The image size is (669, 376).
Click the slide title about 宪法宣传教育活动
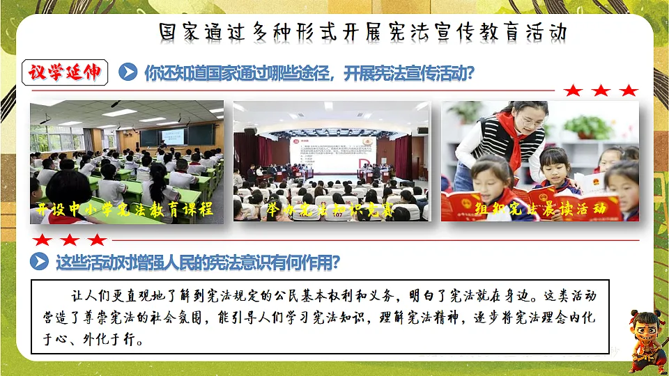click(x=362, y=33)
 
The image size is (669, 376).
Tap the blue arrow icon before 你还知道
click(x=128, y=72)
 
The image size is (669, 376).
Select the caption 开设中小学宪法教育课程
click(x=125, y=209)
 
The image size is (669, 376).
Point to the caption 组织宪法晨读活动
click(x=537, y=207)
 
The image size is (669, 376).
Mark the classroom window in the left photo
click(x=56, y=139)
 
